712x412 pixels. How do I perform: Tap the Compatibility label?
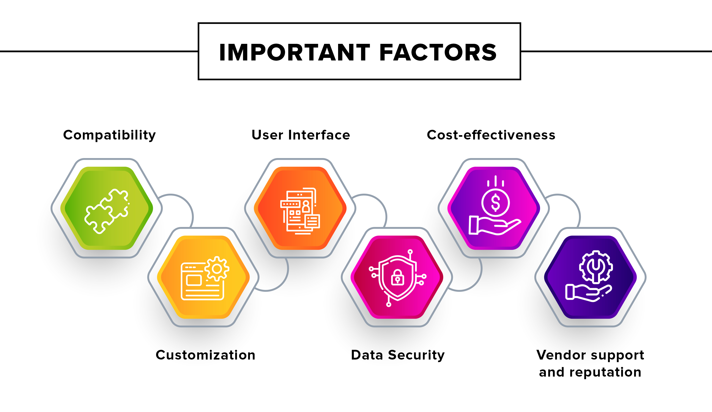[x=109, y=135]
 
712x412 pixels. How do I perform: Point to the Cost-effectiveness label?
[x=491, y=135]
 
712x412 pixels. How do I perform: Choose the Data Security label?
[x=397, y=355]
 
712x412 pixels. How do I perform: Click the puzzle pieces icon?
[x=107, y=211]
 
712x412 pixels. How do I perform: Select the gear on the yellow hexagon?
[x=217, y=269]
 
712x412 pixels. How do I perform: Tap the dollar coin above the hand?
[x=496, y=203]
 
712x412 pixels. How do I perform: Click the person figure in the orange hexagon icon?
[x=306, y=207]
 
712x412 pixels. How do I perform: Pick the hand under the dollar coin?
[x=495, y=225]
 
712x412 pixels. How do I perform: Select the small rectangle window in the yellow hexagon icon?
[x=194, y=280]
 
